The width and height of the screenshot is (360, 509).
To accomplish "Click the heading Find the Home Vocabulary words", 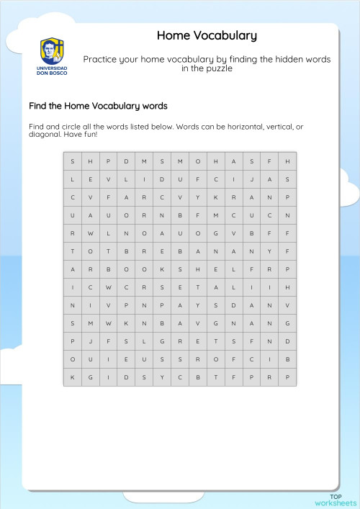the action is pyautogui.click(x=98, y=106).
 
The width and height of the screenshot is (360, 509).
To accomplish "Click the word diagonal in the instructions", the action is pyautogui.click(x=45, y=135).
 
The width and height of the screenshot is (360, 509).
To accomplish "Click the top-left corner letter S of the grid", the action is pyautogui.click(x=72, y=161).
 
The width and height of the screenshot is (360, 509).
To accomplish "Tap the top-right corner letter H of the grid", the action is pyautogui.click(x=287, y=161).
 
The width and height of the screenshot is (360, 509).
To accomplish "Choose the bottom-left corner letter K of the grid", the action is pyautogui.click(x=72, y=377).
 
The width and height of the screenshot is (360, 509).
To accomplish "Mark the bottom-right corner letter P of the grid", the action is pyautogui.click(x=287, y=377).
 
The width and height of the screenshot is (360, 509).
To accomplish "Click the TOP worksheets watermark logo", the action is pyautogui.click(x=336, y=500).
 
